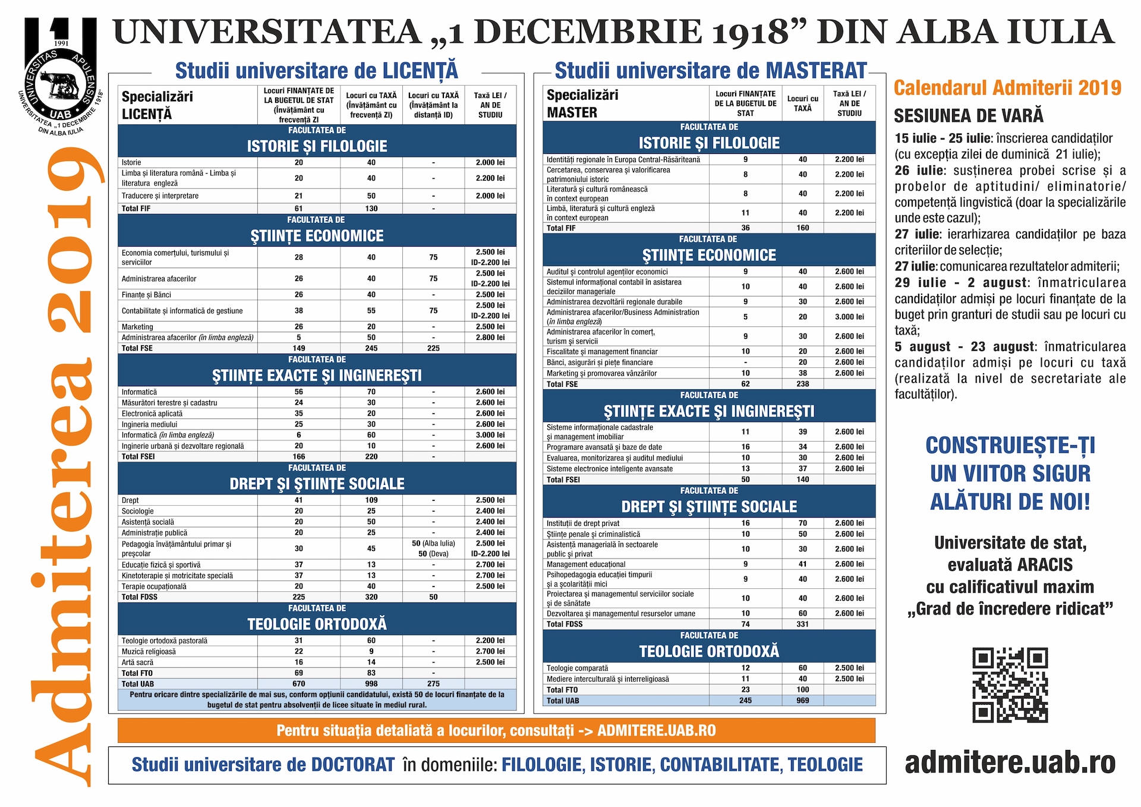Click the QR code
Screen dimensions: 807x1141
pos(1010,685)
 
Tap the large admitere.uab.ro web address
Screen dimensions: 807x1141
pos(1010,762)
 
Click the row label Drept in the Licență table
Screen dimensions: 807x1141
pos(130,500)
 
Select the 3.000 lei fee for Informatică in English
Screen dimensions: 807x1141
pos(490,435)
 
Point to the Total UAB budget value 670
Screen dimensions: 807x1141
pos(298,684)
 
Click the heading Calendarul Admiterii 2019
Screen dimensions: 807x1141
pos(1007,88)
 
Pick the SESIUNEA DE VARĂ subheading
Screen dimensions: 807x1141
pos(969,115)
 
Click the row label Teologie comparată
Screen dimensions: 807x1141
pos(577,668)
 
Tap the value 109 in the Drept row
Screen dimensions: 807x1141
pos(371,500)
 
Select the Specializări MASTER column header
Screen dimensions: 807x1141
pos(574,103)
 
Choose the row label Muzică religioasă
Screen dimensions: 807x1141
pos(149,652)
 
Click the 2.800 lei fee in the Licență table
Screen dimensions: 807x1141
pos(490,338)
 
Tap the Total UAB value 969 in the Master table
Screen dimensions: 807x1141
pos(802,701)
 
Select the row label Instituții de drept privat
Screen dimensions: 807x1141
pos(583,524)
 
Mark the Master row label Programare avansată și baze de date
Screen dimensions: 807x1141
pos(604,447)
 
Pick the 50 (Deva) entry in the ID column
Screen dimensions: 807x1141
pos(433,554)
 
